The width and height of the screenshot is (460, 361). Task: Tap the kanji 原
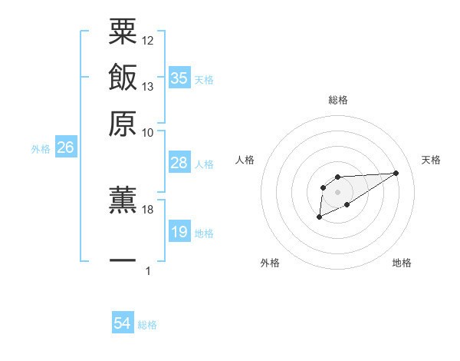click(123, 123)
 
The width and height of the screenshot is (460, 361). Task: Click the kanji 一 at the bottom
click(123, 261)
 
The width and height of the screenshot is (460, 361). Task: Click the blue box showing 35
click(179, 78)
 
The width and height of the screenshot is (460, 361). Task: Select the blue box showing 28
click(179, 163)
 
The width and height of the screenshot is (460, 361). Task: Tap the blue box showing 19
click(179, 232)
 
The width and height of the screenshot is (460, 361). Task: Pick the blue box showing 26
click(65, 148)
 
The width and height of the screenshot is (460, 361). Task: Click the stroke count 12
click(148, 40)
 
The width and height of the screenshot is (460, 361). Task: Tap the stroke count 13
click(148, 86)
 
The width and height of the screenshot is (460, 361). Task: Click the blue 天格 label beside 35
click(204, 80)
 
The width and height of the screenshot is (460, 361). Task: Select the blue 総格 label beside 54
click(147, 325)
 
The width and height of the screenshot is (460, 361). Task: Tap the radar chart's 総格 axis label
click(337, 100)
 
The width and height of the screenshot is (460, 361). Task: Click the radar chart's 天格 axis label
click(431, 160)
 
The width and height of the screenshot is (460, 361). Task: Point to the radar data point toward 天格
click(396, 173)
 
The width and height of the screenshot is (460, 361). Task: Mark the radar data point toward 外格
click(319, 217)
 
